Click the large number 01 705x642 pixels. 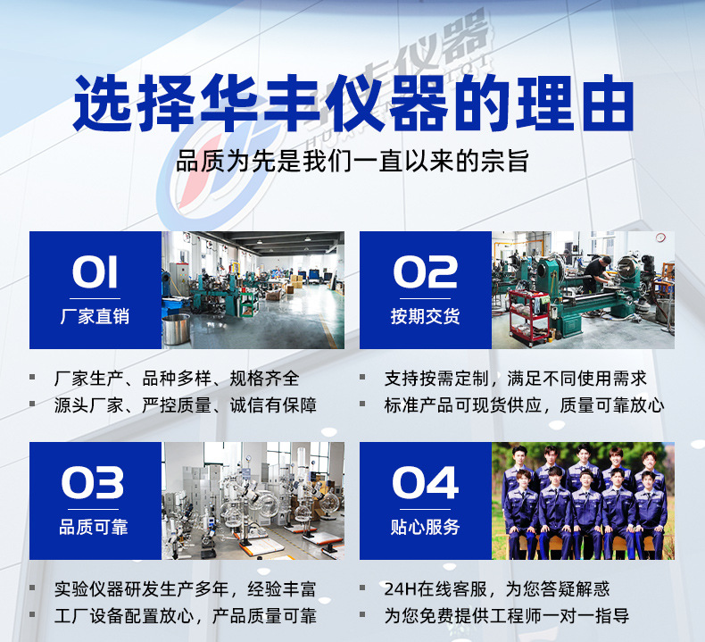(95, 272)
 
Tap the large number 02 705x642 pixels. (425, 272)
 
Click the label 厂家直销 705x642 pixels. (95, 317)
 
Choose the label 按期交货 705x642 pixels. (425, 317)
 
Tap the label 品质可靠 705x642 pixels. (95, 528)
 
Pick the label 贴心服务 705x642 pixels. (425, 528)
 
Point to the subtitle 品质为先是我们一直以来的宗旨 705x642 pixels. (352, 162)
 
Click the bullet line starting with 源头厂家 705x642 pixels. (185, 404)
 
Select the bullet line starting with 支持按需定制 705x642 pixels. (515, 378)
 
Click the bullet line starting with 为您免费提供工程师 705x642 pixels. (506, 615)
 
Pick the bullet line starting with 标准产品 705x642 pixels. (524, 404)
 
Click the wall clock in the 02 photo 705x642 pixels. (660, 238)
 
